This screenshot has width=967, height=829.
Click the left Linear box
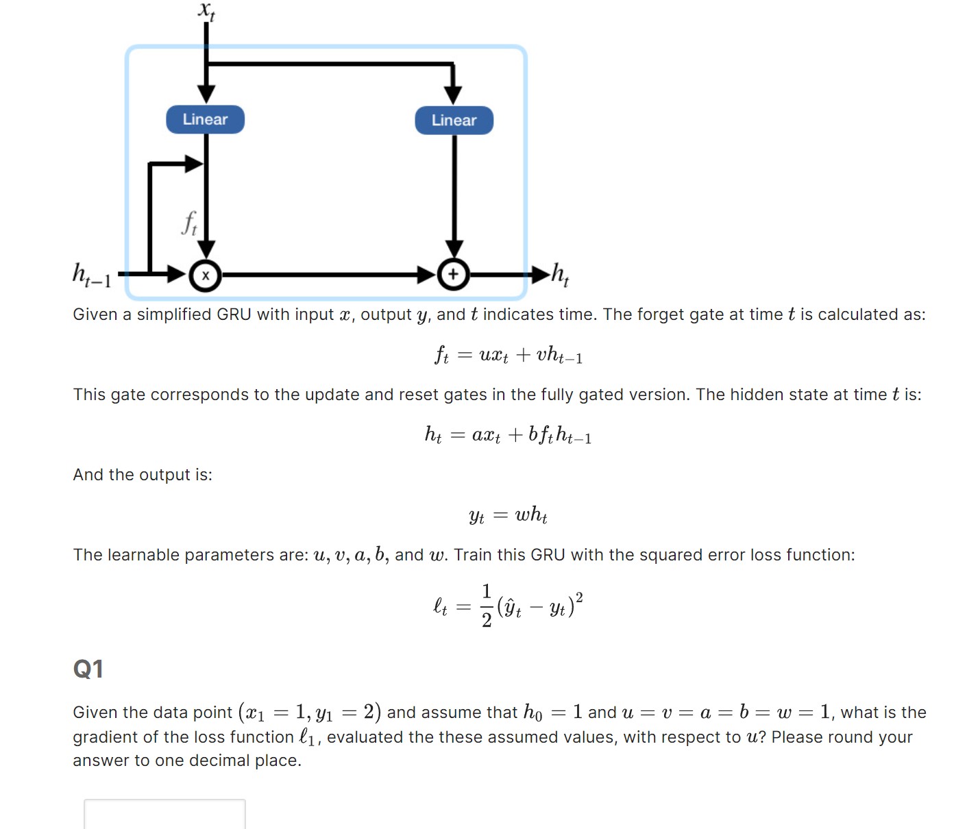click(x=205, y=119)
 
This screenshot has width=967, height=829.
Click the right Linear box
click(x=454, y=121)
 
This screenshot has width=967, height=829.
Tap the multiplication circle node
click(x=205, y=275)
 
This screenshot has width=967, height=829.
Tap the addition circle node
click(x=453, y=275)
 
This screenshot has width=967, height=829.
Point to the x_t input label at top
click(x=206, y=11)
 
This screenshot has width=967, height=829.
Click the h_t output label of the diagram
click(x=560, y=274)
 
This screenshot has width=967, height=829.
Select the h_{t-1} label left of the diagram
click(x=91, y=275)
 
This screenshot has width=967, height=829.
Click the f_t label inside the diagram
click(x=189, y=223)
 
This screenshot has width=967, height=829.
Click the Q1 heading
click(x=88, y=669)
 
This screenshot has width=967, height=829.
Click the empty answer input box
click(x=164, y=814)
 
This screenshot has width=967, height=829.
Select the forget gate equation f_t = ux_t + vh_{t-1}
click(x=508, y=355)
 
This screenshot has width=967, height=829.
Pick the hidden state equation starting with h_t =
click(x=508, y=435)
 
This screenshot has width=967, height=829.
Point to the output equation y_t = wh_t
click(x=508, y=515)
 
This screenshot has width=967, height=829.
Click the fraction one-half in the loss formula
click(x=487, y=606)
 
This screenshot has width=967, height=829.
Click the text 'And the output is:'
click(x=143, y=475)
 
